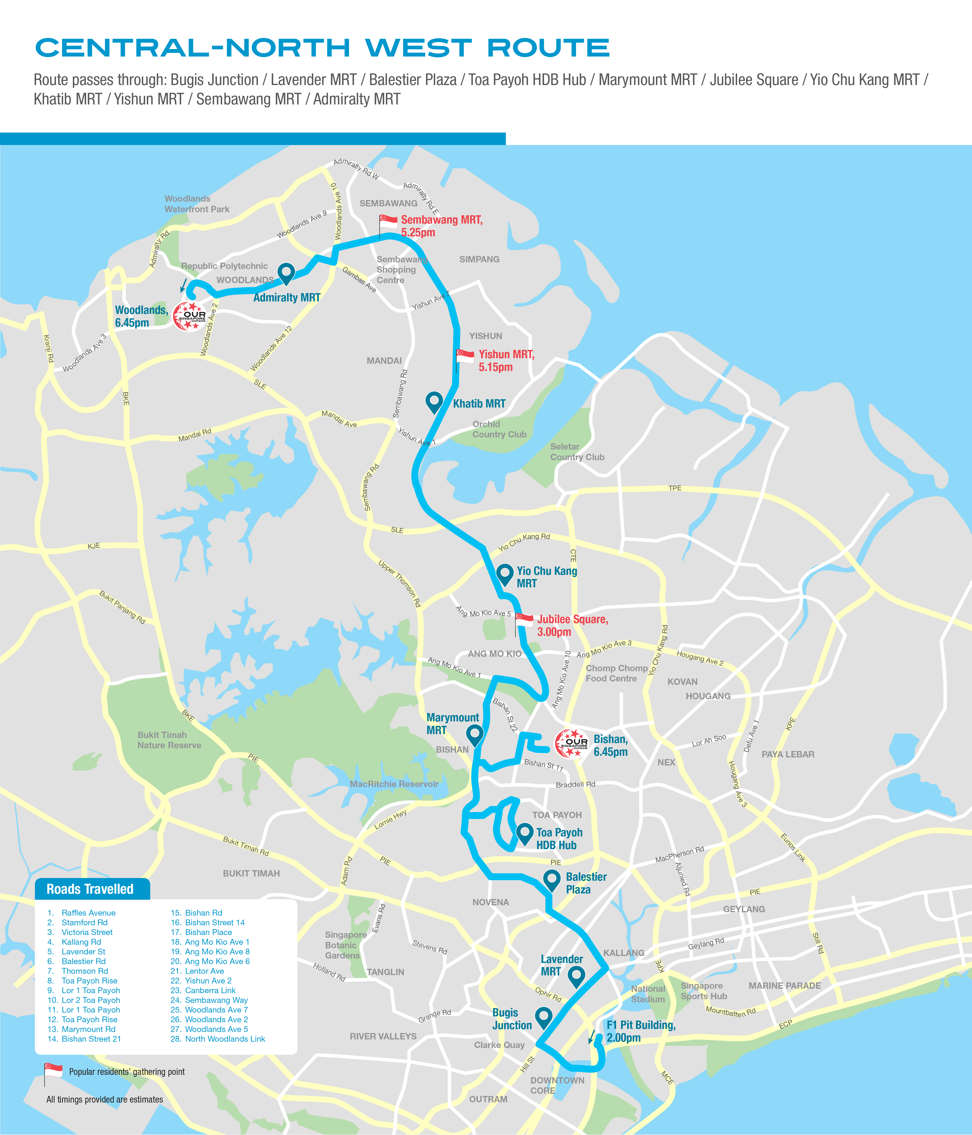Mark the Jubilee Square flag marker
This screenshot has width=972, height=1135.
(x=524, y=621)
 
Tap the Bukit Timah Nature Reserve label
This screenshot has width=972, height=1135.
(x=169, y=740)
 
